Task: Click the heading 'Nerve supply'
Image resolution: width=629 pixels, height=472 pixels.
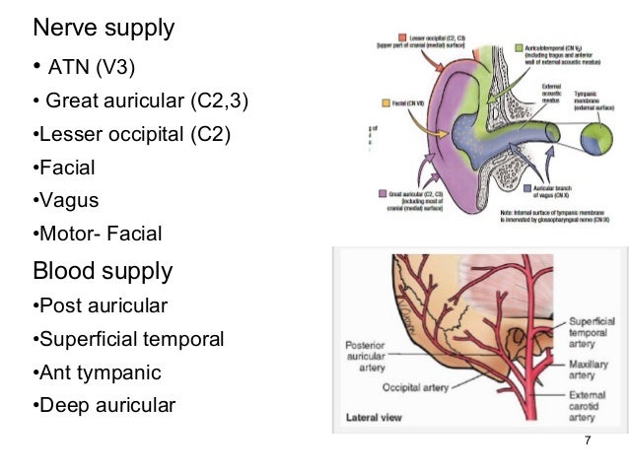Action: pos(104,28)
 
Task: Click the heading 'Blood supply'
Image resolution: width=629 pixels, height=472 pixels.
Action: pos(103,270)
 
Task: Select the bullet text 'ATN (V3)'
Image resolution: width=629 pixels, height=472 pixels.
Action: pos(90,68)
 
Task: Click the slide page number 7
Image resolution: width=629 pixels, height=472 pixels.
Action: pos(588,439)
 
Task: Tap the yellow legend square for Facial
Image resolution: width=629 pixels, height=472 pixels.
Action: pos(385,101)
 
